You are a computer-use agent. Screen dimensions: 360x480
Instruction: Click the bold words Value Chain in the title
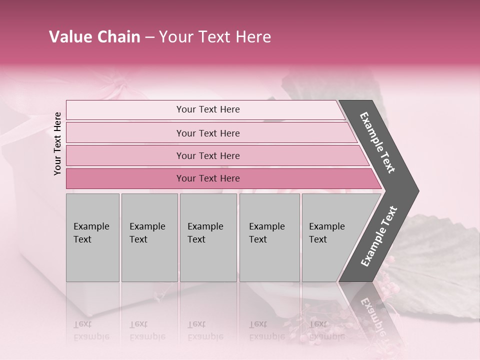click(x=94, y=37)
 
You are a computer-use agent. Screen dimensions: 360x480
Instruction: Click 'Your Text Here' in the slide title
click(x=215, y=37)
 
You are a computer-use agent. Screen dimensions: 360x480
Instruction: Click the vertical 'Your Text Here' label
click(x=57, y=144)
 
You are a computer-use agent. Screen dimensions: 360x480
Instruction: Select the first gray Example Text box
click(x=92, y=237)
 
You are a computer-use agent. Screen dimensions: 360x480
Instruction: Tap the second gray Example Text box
click(x=149, y=237)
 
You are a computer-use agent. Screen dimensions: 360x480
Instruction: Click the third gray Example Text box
click(x=208, y=237)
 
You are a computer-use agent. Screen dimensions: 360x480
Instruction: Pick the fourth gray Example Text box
click(x=269, y=237)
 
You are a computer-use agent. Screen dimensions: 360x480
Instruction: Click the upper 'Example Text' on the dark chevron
click(x=377, y=142)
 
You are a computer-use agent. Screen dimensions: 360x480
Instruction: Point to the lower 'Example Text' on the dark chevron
click(x=379, y=236)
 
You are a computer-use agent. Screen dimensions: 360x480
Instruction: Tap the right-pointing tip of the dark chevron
click(x=415, y=191)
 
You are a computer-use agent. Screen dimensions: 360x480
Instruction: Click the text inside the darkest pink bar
click(x=208, y=178)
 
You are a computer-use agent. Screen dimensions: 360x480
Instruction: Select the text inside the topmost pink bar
click(x=208, y=109)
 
